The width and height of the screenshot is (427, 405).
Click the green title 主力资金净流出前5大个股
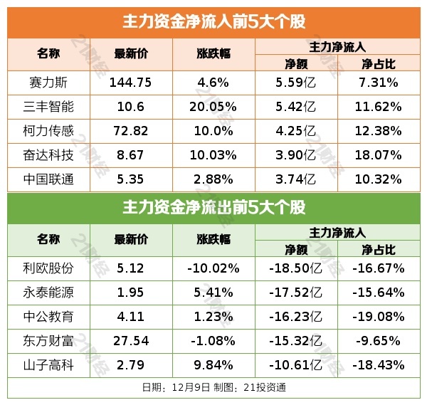coord(213,207)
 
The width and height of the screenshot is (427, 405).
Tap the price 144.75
coord(131,83)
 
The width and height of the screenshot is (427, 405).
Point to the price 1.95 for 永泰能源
coord(131,293)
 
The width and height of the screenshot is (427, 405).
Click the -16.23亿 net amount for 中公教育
coord(295,317)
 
